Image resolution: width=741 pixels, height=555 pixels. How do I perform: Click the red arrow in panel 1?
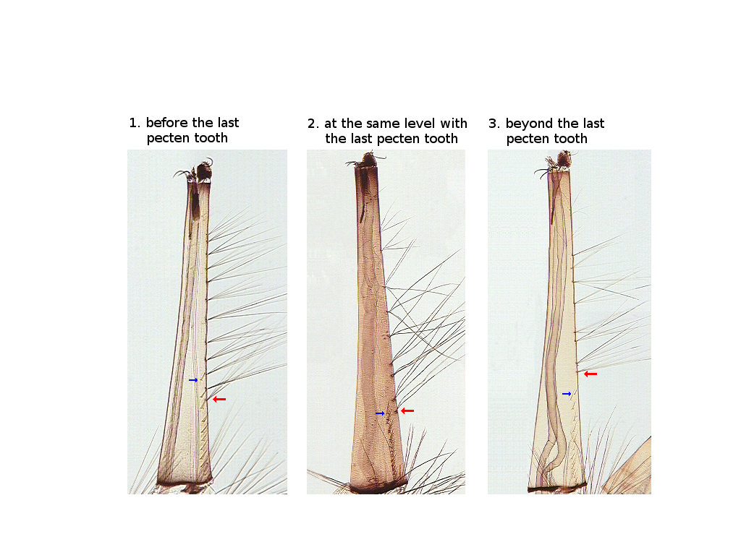point(219,399)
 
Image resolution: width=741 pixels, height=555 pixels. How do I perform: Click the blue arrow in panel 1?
point(193,380)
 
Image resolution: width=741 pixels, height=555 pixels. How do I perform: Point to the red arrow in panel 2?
point(407,411)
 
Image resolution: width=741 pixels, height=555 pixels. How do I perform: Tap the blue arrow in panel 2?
point(380,413)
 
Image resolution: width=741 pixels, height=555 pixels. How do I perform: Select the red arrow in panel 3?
point(590,374)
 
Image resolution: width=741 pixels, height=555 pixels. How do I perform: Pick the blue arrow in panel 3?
point(567,394)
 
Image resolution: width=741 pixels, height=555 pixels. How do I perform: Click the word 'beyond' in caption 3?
point(528,124)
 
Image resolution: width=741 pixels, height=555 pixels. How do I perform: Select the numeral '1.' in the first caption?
point(135,123)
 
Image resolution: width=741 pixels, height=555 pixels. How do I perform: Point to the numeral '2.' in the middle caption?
point(313,124)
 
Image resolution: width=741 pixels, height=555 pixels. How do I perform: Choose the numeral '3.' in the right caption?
point(494,124)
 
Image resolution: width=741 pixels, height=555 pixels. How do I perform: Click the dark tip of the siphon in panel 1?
point(204,171)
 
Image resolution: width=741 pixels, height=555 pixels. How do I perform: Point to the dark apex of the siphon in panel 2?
point(367,160)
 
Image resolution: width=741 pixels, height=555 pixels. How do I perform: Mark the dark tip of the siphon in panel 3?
point(563,160)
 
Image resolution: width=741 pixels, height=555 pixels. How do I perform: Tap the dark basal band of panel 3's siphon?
point(556,488)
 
